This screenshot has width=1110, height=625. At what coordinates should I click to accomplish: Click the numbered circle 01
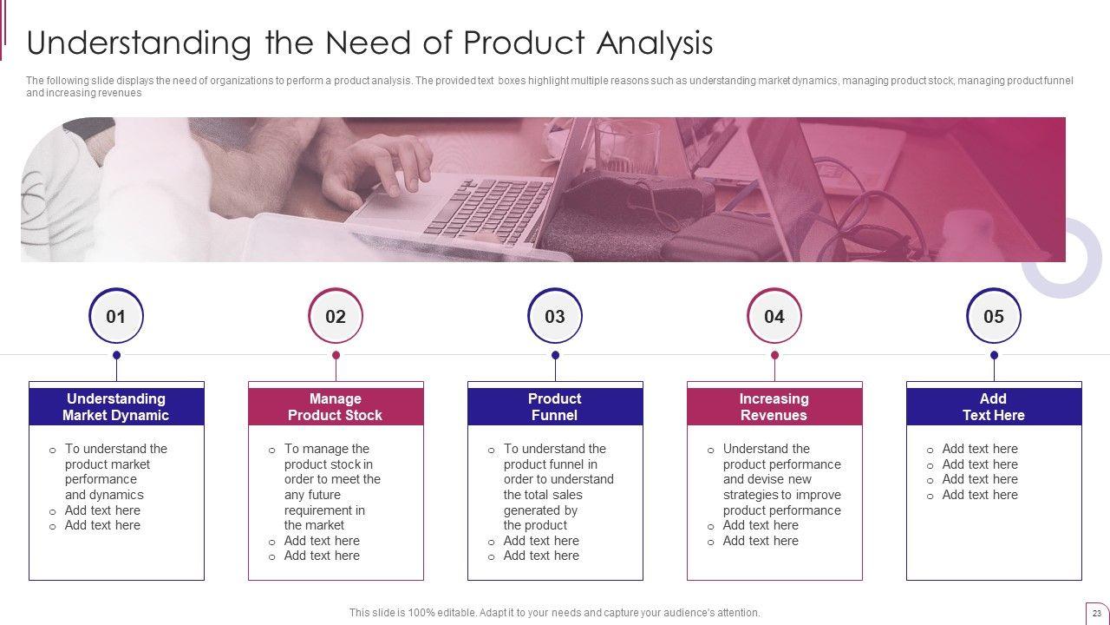[x=116, y=316]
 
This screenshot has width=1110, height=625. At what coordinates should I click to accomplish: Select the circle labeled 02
[x=336, y=316]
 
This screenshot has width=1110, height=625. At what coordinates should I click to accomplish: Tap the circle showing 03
[x=555, y=316]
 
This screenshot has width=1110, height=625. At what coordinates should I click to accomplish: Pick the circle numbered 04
[x=774, y=316]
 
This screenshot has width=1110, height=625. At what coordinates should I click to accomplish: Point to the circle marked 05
[x=994, y=316]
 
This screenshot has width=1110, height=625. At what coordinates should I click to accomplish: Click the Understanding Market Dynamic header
[x=116, y=407]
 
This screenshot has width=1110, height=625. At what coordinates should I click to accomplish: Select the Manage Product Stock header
[x=336, y=407]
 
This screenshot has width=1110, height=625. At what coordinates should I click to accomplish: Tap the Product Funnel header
[x=556, y=407]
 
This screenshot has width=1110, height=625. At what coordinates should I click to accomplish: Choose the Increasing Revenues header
[x=774, y=407]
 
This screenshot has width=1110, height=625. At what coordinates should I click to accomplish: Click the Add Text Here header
[x=994, y=407]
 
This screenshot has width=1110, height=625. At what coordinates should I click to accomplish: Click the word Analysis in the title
[x=655, y=43]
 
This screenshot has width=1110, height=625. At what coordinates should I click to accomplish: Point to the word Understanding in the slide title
[x=139, y=43]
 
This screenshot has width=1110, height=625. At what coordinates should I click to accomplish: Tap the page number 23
[x=1097, y=614]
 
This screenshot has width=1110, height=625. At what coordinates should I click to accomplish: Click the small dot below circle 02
[x=336, y=355]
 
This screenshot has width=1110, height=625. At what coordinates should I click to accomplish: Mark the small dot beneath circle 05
[x=994, y=355]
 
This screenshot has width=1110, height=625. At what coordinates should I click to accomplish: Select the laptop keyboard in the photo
[x=488, y=211]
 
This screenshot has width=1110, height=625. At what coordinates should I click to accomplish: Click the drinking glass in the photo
[x=627, y=147]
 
